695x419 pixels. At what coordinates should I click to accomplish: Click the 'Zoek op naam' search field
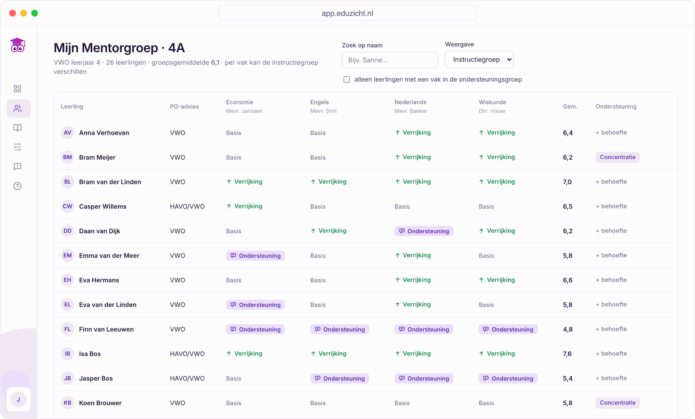(x=389, y=60)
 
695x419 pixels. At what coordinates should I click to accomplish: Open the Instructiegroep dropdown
(x=479, y=59)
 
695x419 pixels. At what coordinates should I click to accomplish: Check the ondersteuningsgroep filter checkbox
(x=347, y=80)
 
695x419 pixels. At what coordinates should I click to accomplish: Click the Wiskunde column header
(x=492, y=102)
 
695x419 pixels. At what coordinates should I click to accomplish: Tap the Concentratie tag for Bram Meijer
(x=617, y=157)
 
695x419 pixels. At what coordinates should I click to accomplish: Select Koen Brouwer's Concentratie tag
(x=617, y=403)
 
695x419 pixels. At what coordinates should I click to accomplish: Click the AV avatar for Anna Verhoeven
(x=68, y=133)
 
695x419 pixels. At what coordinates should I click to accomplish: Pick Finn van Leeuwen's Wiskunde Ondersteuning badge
(x=508, y=329)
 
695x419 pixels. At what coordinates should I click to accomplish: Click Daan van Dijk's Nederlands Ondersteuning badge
(x=424, y=231)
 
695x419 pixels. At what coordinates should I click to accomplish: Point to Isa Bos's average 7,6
(x=567, y=354)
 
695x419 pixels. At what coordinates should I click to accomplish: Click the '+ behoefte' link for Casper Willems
(x=611, y=206)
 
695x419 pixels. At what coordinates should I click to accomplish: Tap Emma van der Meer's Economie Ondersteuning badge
(x=255, y=256)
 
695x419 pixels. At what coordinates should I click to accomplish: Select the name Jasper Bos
(x=96, y=378)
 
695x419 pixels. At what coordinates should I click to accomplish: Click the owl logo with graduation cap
(x=17, y=45)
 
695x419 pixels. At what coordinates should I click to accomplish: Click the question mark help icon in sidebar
(x=17, y=186)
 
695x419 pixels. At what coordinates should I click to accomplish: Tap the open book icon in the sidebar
(x=17, y=128)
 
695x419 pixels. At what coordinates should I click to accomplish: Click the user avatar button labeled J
(x=18, y=399)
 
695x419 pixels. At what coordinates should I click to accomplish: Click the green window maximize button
(x=35, y=13)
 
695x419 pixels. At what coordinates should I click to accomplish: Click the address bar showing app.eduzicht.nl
(x=347, y=13)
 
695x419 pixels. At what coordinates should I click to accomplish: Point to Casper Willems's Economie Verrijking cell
(x=244, y=206)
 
